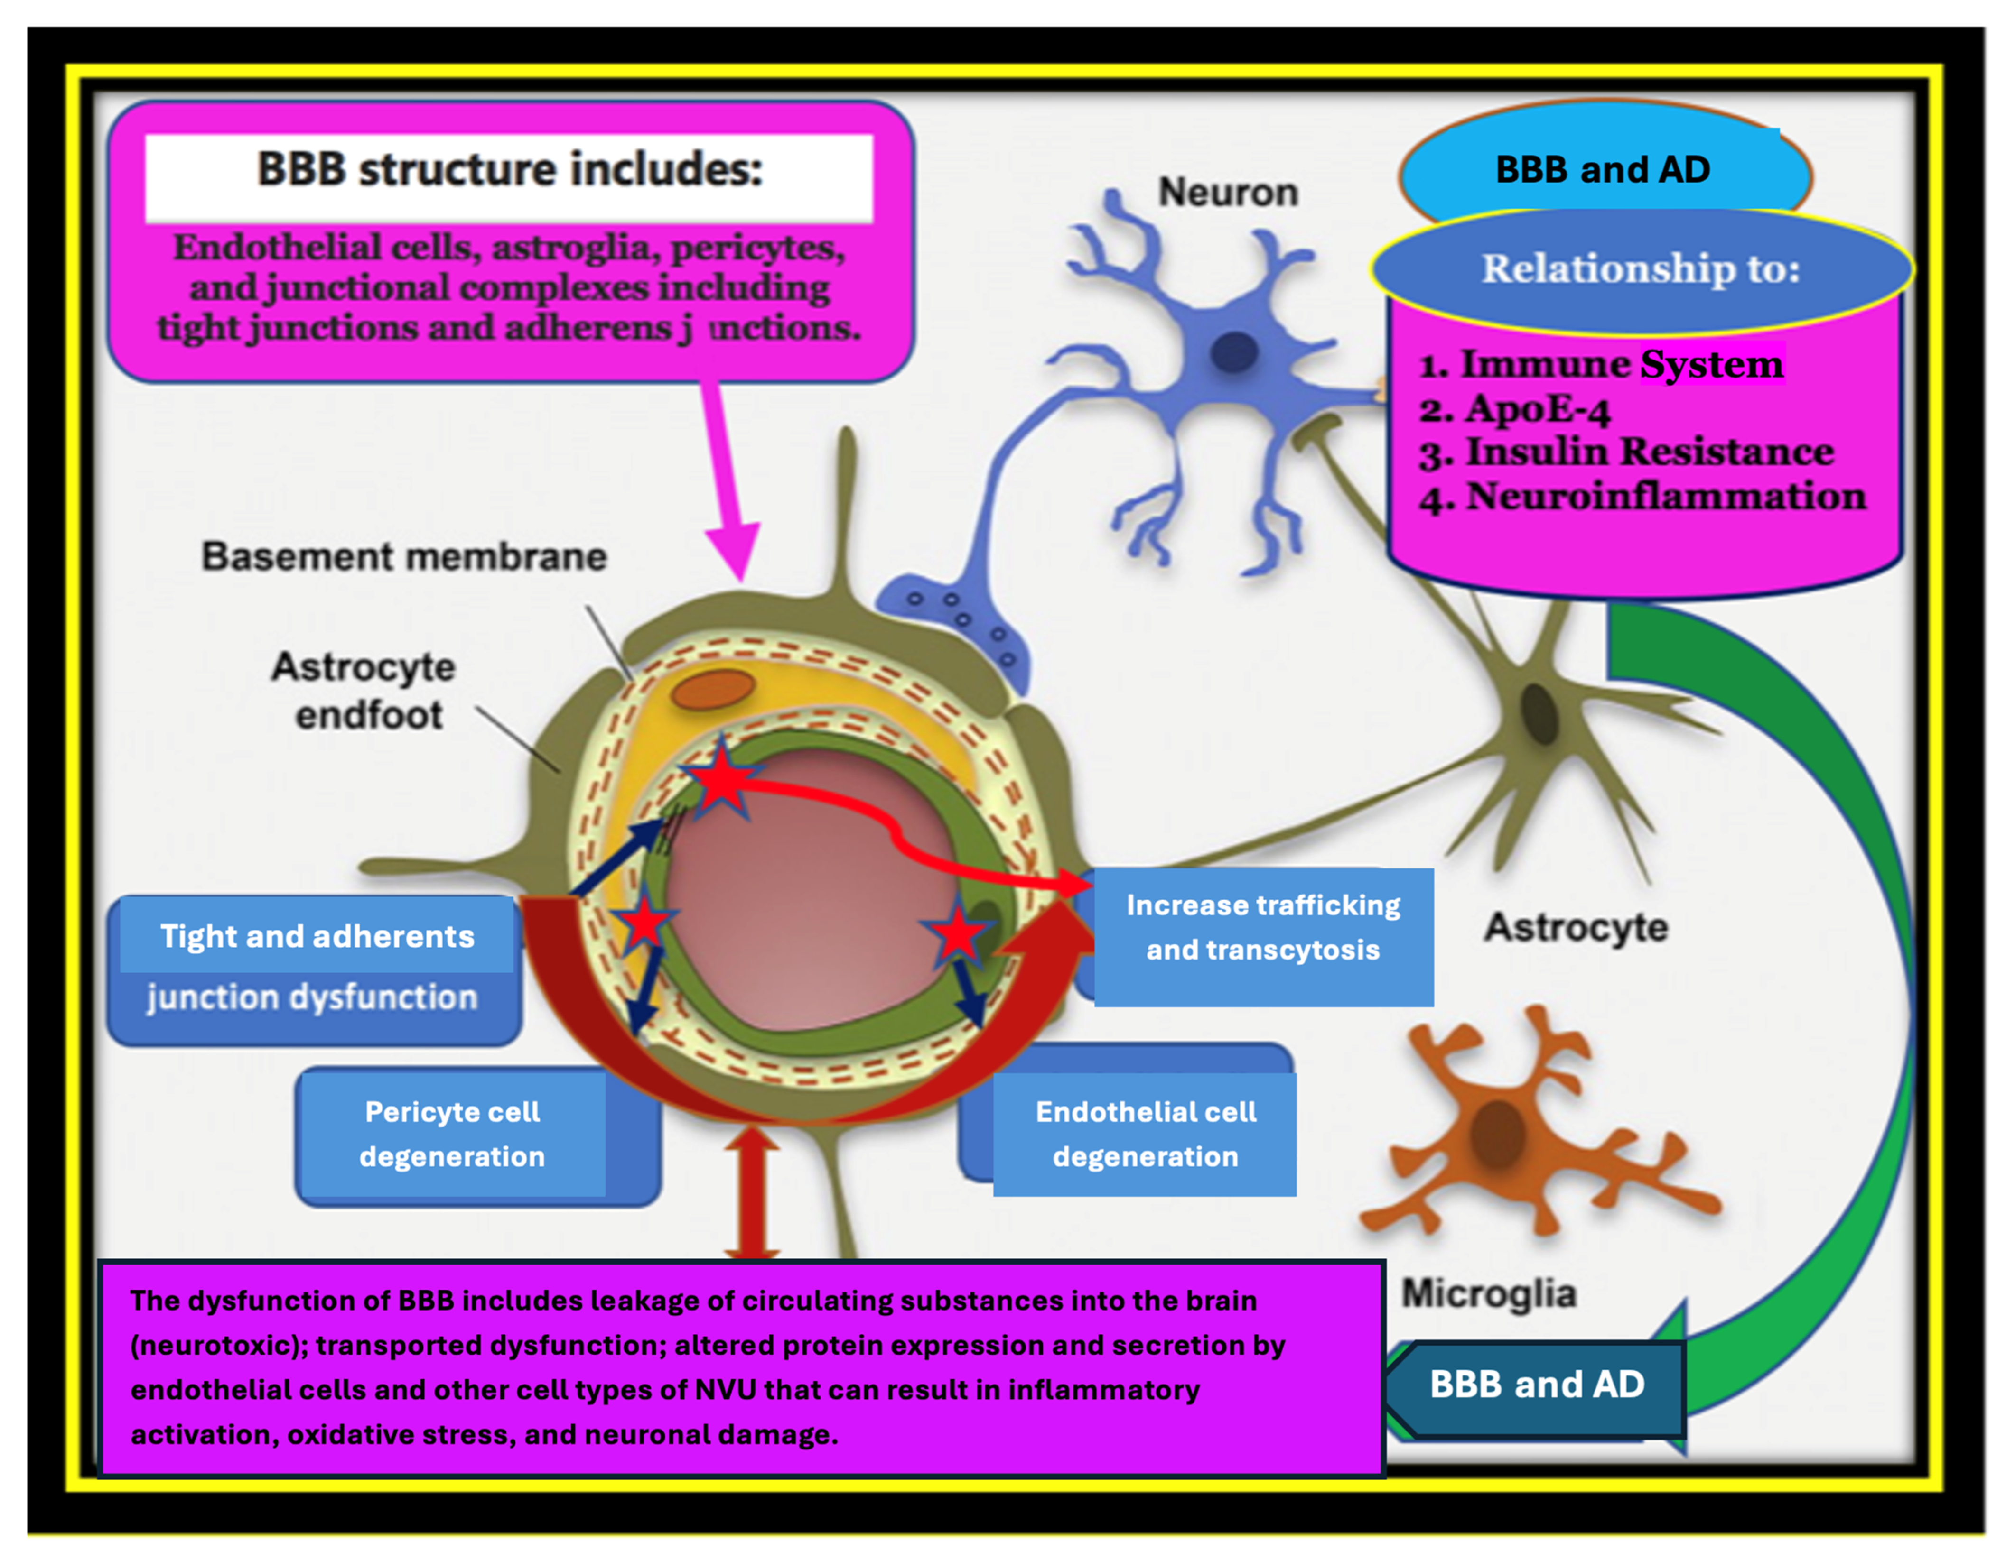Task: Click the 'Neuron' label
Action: [1228, 193]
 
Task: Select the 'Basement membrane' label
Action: [404, 556]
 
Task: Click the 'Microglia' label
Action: [1489, 1293]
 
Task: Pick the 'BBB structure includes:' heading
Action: [510, 170]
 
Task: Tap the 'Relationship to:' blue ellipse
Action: [1642, 269]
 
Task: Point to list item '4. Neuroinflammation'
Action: [1642, 497]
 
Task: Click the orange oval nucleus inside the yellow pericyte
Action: [713, 689]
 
